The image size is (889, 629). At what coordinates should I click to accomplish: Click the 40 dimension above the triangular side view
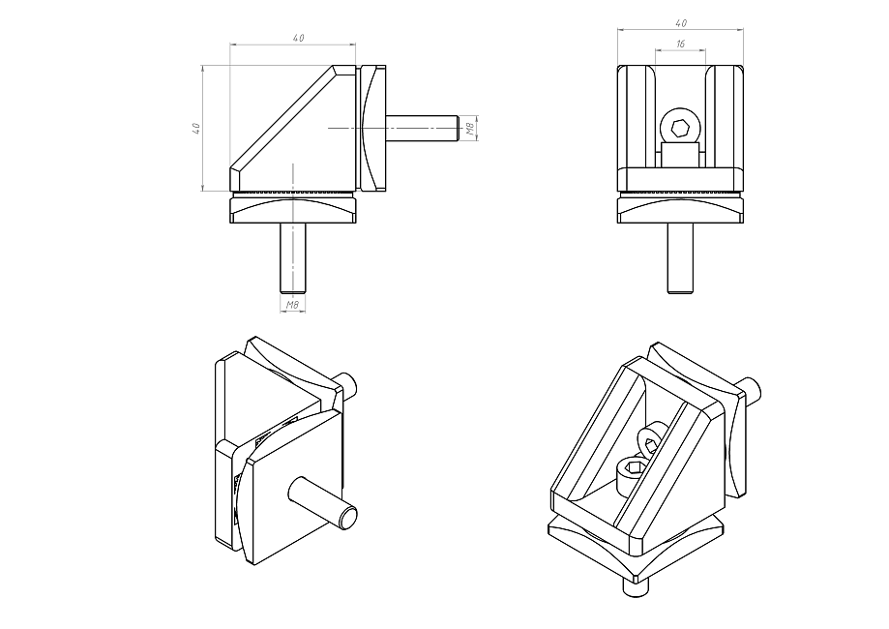pyautogui.click(x=297, y=38)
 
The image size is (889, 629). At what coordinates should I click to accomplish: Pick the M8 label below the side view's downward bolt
pyautogui.click(x=292, y=306)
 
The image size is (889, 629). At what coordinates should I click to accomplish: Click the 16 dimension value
pyautogui.click(x=681, y=45)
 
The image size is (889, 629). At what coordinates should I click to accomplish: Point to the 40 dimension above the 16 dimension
pyautogui.click(x=681, y=22)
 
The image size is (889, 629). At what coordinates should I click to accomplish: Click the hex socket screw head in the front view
pyautogui.click(x=680, y=126)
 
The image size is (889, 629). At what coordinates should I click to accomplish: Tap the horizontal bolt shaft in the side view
pyautogui.click(x=422, y=128)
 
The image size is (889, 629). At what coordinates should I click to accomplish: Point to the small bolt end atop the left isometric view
pyautogui.click(x=349, y=385)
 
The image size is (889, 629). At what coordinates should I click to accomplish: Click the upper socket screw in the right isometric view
pyautogui.click(x=650, y=439)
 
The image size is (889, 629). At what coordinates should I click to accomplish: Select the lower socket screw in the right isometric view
pyautogui.click(x=632, y=471)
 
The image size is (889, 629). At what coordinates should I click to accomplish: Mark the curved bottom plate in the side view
pyautogui.click(x=293, y=210)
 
